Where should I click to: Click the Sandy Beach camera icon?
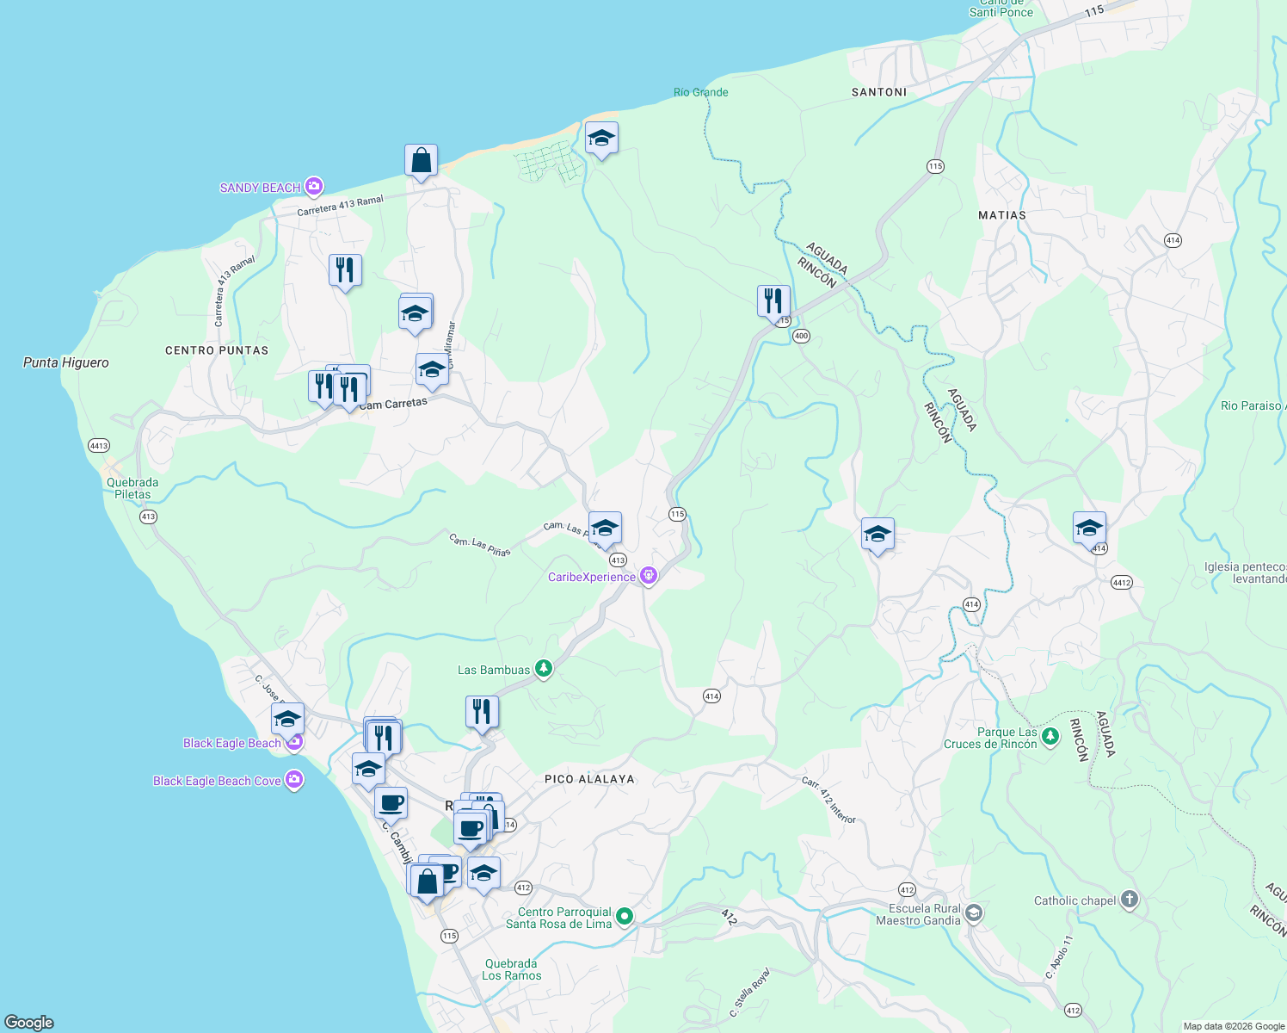[x=314, y=187]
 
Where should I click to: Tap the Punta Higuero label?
[x=66, y=362]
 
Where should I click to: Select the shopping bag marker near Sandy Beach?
[x=421, y=161]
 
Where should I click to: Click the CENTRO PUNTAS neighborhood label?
[x=217, y=350]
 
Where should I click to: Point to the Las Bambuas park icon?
[x=543, y=669]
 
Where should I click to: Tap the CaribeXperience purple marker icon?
[x=649, y=576]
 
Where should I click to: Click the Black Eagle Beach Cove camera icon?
[x=294, y=780]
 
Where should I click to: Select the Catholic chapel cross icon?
[x=1130, y=900]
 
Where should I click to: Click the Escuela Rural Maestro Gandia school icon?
[x=974, y=913]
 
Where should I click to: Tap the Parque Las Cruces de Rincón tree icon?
[x=1050, y=737]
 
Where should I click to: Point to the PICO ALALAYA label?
[x=589, y=779]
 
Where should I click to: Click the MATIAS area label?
[x=1002, y=215]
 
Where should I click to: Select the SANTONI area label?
[x=879, y=92]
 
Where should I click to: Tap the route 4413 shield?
[x=99, y=445]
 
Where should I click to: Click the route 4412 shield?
[x=1122, y=583]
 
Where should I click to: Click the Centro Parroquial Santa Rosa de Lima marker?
[x=625, y=917]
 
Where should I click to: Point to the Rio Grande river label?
[x=700, y=92]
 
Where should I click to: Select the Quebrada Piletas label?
[x=132, y=488]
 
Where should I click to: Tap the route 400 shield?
[x=801, y=336]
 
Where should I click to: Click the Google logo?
[x=29, y=1023]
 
